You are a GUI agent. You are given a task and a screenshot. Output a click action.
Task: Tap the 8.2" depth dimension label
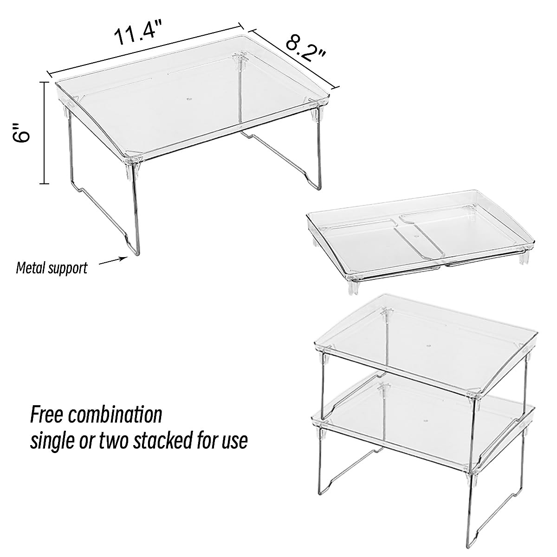click(x=306, y=51)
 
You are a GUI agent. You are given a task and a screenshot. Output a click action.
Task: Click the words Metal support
click(x=52, y=268)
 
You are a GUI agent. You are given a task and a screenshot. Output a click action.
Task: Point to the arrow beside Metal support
click(x=113, y=261)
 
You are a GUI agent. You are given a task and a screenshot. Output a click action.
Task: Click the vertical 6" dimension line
click(x=45, y=133)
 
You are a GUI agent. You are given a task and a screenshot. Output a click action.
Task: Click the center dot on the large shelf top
click(x=188, y=99)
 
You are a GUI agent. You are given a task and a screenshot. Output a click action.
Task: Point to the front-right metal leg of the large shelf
click(x=319, y=153)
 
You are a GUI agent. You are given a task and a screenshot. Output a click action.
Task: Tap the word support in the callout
click(x=69, y=268)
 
